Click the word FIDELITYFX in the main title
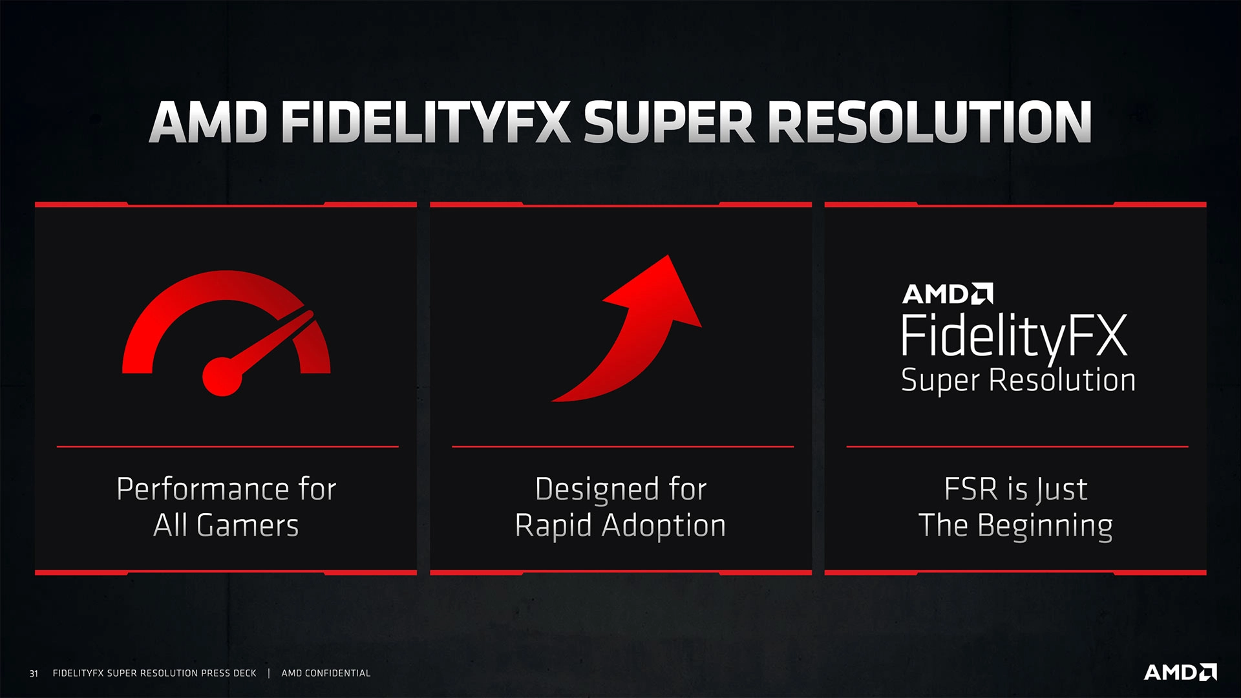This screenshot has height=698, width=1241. click(426, 122)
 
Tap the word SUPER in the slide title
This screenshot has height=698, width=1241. click(668, 122)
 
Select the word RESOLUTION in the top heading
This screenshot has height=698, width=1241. click(929, 122)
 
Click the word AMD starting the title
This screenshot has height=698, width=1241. click(208, 122)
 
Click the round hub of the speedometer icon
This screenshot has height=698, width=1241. click(222, 376)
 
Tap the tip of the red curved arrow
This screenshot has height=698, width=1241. click(668, 255)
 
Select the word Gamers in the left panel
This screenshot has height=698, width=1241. click(248, 525)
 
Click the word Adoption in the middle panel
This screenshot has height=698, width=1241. click(664, 526)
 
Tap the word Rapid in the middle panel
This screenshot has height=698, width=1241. click(553, 526)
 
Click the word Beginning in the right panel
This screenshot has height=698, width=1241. click(1045, 526)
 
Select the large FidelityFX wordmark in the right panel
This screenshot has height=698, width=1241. click(1014, 336)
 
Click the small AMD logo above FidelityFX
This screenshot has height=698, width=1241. click(948, 294)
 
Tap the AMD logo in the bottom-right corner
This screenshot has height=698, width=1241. click(1180, 672)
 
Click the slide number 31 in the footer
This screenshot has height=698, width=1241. click(34, 673)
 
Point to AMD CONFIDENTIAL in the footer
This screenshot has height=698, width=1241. click(326, 673)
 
